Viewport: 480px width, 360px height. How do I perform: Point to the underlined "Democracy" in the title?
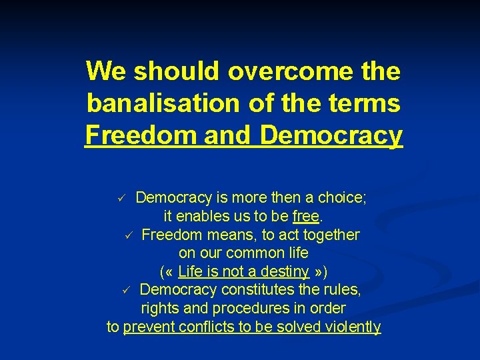(x=331, y=135)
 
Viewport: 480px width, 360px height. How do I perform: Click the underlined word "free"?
(x=306, y=217)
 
